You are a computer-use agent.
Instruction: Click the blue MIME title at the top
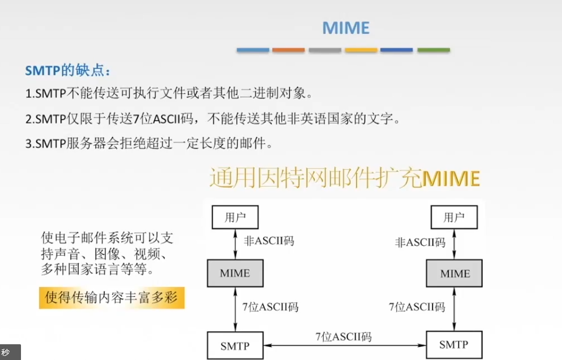(x=346, y=27)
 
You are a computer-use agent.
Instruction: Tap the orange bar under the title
(x=289, y=50)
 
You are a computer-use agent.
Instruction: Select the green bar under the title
(x=433, y=50)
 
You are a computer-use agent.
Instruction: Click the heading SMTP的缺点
(x=68, y=71)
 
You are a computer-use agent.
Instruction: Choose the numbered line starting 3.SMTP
(x=158, y=143)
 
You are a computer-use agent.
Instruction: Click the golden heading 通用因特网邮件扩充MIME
(x=345, y=179)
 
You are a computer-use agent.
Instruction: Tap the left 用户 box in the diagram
(x=234, y=218)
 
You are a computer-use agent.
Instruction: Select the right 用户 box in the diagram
(x=454, y=218)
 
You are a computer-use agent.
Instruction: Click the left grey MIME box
(x=235, y=273)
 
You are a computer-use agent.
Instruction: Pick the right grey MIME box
(x=455, y=273)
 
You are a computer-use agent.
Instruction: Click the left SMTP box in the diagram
(x=235, y=345)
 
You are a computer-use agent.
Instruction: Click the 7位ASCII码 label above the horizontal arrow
(x=343, y=336)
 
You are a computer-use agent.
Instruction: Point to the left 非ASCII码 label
(x=269, y=240)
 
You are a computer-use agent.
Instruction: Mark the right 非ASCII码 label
(x=420, y=242)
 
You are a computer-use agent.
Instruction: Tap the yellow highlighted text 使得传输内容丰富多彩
(x=111, y=298)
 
